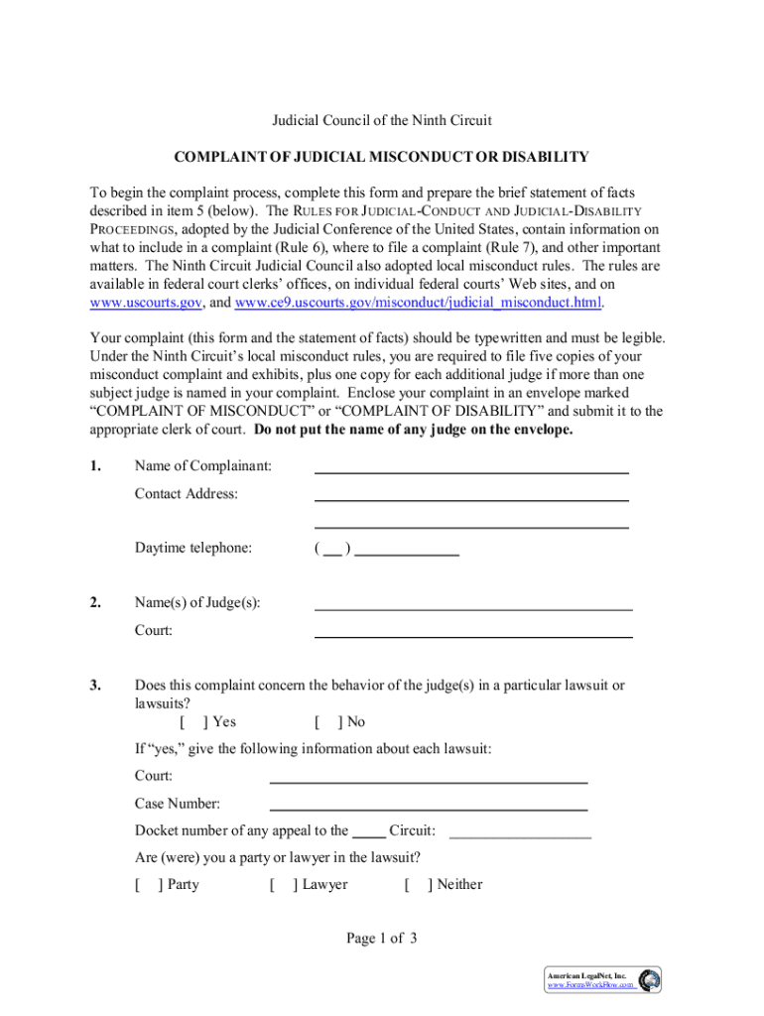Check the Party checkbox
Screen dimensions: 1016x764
pyautogui.click(x=146, y=884)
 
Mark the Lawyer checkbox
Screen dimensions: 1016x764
pyautogui.click(x=281, y=884)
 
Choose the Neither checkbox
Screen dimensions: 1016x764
pyautogui.click(x=417, y=884)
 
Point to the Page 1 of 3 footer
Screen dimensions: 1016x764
pyautogui.click(x=382, y=939)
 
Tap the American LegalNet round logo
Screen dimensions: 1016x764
pyautogui.click(x=649, y=980)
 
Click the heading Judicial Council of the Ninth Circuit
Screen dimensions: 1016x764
pyautogui.click(x=382, y=121)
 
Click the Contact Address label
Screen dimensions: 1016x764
pyautogui.click(x=187, y=493)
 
